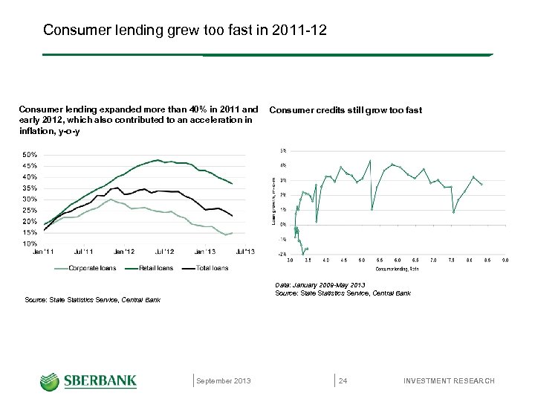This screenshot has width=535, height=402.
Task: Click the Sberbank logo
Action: (x=88, y=381)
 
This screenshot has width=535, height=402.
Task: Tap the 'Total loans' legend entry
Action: (x=211, y=268)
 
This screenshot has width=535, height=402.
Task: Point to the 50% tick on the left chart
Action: (x=30, y=155)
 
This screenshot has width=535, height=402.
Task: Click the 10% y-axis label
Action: (x=30, y=243)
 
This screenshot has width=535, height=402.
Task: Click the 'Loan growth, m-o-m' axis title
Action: (x=273, y=202)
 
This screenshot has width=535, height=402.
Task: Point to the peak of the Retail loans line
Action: (x=157, y=159)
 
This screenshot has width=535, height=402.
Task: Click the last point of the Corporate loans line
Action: (x=233, y=233)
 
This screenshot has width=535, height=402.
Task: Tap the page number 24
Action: (x=343, y=381)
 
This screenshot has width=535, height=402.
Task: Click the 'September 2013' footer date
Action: (x=224, y=381)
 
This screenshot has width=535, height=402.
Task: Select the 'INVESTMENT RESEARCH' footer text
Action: (x=448, y=381)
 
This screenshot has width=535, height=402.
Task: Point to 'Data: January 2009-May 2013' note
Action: (x=320, y=285)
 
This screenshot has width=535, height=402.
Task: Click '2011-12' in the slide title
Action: (x=299, y=31)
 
